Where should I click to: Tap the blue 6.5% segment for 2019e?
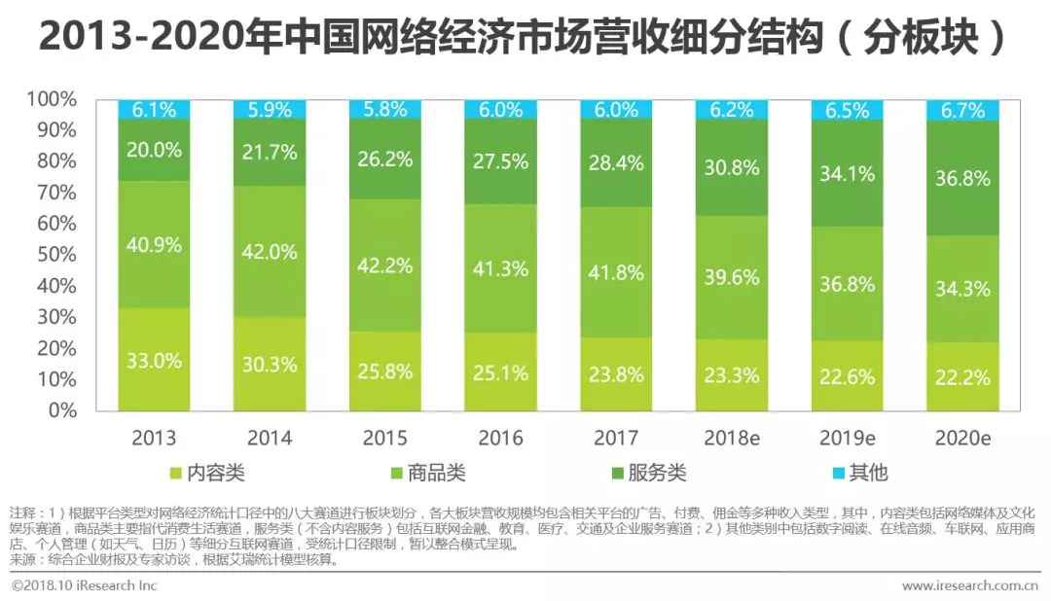tap(848, 109)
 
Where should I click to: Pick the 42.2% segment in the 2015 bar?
tap(385, 265)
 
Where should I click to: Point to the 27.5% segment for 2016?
tap(501, 161)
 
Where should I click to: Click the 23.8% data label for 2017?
tap(617, 373)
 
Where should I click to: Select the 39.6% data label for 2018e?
tap(732, 277)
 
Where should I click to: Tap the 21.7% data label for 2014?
tap(270, 152)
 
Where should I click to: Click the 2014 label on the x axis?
tap(270, 439)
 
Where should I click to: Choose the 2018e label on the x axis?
tap(732, 439)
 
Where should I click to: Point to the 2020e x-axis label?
tap(963, 439)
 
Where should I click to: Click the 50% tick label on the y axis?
tap(54, 255)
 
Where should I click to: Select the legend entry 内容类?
tap(207, 474)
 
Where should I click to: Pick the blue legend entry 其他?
tap(857, 474)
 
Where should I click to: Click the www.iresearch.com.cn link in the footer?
tap(969, 585)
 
